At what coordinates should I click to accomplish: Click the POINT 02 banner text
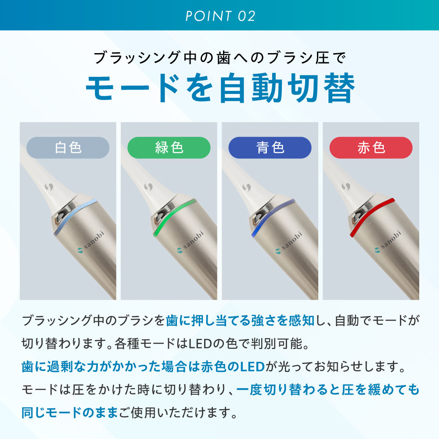click(x=221, y=16)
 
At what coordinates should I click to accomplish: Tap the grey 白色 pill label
click(x=68, y=148)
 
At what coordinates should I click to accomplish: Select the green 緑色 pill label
click(x=169, y=148)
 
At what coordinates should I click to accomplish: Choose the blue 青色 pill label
click(x=270, y=148)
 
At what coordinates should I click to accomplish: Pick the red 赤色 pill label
click(x=371, y=148)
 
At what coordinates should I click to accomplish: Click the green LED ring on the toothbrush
click(x=171, y=215)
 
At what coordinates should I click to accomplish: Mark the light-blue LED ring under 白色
click(x=72, y=215)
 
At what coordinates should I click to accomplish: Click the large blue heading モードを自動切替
click(x=220, y=88)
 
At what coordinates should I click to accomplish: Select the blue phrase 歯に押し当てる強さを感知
click(x=240, y=320)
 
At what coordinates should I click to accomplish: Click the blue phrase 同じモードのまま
click(x=70, y=413)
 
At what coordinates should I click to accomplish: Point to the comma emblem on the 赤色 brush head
click(x=346, y=186)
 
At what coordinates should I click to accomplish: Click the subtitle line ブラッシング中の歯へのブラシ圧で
click(x=220, y=58)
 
